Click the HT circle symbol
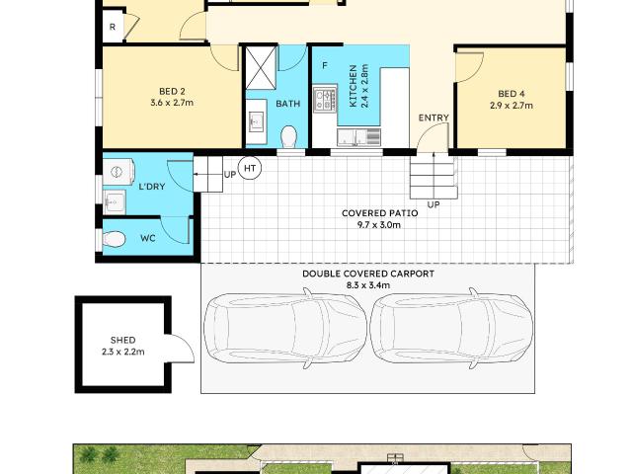pos(251,169)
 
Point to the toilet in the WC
pos(115,238)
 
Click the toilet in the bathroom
pos(290,134)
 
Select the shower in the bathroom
pos(261,67)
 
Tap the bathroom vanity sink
pos(256,122)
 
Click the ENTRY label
pos(434,118)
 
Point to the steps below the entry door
pos(433,179)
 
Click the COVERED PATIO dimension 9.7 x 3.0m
pos(378,225)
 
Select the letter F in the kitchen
pos(324,65)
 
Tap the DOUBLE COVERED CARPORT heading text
pos(367,274)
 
